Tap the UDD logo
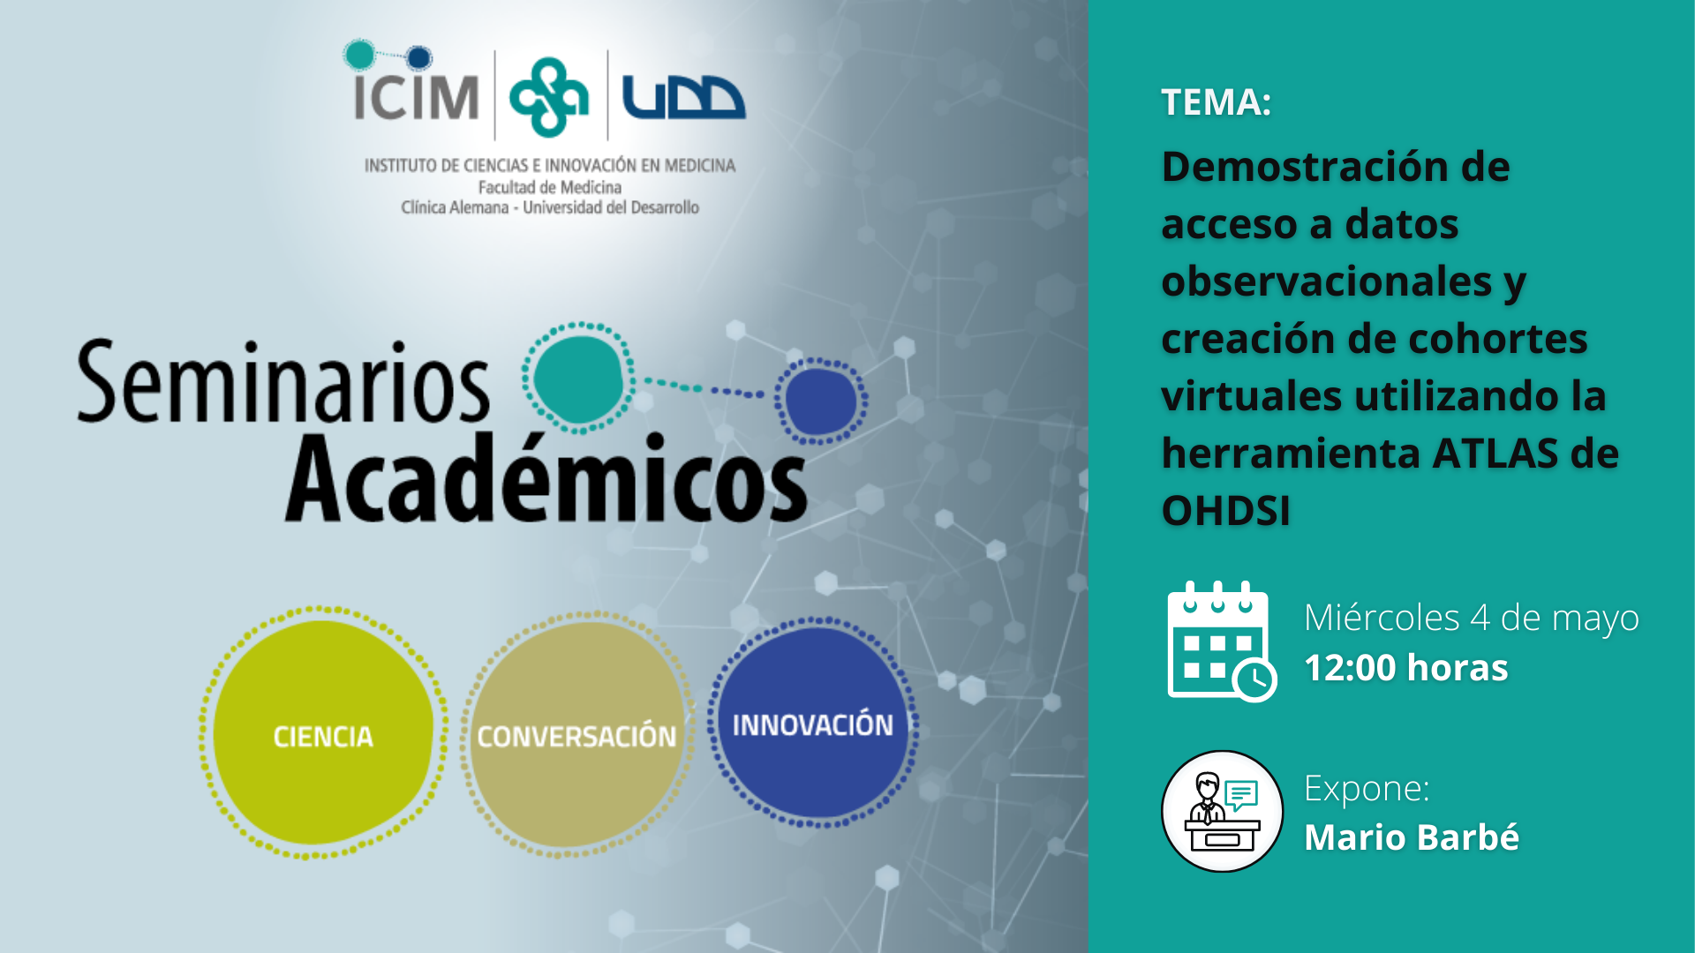pyautogui.click(x=683, y=97)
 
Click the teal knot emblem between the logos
pyautogui.click(x=549, y=96)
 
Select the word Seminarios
pyautogui.click(x=283, y=382)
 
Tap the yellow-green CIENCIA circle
pyautogui.click(x=323, y=733)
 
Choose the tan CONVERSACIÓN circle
pyautogui.click(x=576, y=734)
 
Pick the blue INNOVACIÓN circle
pyautogui.click(x=813, y=723)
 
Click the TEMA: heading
pyautogui.click(x=1216, y=102)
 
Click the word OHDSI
pyautogui.click(x=1225, y=511)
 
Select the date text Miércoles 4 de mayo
pyautogui.click(x=1472, y=618)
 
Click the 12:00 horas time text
pyautogui.click(x=1406, y=668)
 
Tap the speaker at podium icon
pyautogui.click(x=1222, y=812)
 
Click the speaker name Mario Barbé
pyautogui.click(x=1412, y=837)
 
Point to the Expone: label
pyautogui.click(x=1367, y=788)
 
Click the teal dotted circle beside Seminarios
pyautogui.click(x=579, y=378)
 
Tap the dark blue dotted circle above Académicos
pyautogui.click(x=821, y=401)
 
